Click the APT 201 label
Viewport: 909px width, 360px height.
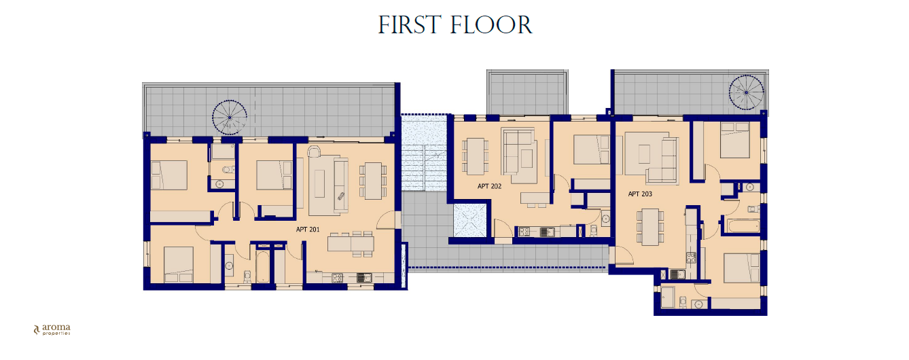308,230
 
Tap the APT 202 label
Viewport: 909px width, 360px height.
489,186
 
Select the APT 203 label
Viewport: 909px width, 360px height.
640,194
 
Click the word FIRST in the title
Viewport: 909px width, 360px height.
410,25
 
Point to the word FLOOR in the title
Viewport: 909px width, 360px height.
491,25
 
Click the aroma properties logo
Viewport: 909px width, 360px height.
52,329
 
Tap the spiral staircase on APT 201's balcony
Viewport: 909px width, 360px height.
229,118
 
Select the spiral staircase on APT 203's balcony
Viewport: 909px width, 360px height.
746,92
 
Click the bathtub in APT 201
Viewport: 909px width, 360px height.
263,267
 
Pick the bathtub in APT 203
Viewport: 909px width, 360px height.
743,226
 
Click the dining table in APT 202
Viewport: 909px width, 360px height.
475,156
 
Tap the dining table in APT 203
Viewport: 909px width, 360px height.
650,227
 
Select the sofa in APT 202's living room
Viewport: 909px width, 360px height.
520,156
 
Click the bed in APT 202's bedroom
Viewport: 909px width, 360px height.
592,149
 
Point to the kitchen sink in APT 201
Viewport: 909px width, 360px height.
364,278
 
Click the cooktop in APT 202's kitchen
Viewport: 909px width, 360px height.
524,232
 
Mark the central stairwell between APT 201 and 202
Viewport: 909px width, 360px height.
424,153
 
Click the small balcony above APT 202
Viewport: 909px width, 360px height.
527,92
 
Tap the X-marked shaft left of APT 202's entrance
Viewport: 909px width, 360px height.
470,220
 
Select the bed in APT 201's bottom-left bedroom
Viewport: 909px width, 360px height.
179,265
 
